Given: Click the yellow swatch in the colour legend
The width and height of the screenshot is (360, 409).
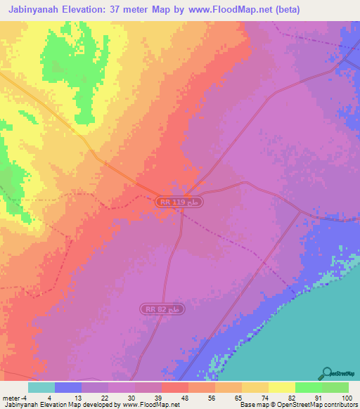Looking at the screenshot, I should pyautogui.click(x=281, y=387).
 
